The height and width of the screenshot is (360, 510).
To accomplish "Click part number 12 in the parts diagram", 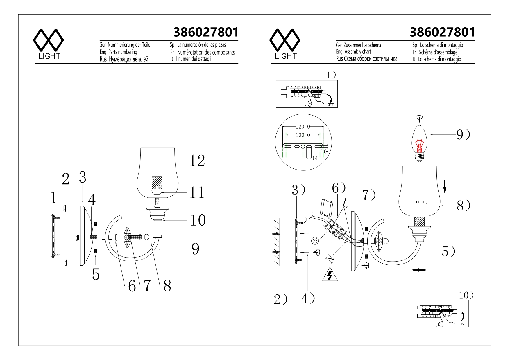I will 197,161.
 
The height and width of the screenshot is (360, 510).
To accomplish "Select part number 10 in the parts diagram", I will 198,220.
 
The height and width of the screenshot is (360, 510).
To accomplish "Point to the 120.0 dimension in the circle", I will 303,127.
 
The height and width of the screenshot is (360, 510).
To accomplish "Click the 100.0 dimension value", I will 303,135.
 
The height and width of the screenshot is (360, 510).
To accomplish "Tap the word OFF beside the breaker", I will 331,105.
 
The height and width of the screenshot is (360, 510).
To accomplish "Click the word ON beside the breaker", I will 462,324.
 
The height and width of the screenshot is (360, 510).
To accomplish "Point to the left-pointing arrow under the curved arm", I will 418,270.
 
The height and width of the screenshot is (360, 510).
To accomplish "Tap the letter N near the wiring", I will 330,258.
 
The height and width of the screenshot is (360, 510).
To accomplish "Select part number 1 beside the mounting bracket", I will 53,198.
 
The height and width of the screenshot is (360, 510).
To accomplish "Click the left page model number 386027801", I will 206,32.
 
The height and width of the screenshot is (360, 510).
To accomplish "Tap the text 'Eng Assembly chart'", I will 353,52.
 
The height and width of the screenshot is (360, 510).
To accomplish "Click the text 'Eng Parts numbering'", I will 118,52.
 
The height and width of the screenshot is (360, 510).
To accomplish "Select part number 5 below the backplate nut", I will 96,274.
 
